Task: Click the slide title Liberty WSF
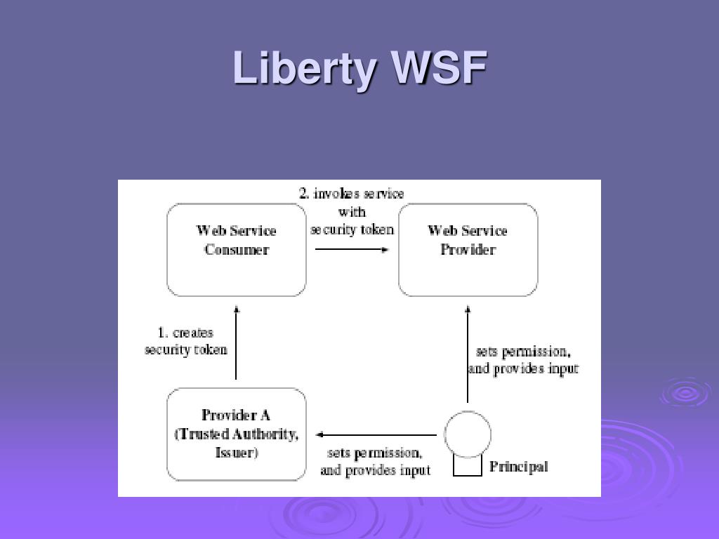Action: tap(359, 69)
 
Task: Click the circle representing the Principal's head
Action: tap(468, 434)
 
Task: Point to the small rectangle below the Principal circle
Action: tap(468, 467)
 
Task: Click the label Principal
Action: tap(518, 467)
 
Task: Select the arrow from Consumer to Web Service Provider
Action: tap(352, 249)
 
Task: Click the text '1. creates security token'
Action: tap(186, 341)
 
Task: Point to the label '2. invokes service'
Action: tap(352, 194)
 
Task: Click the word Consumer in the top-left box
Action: tap(237, 250)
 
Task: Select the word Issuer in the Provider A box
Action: tap(237, 453)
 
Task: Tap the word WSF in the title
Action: tap(440, 69)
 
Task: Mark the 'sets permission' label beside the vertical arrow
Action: tap(523, 352)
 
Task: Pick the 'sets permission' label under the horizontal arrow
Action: tap(375, 453)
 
